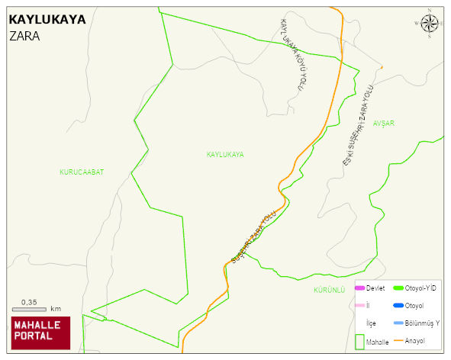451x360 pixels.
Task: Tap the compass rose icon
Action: click(x=430, y=24)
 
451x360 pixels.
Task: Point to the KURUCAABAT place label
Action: click(x=81, y=172)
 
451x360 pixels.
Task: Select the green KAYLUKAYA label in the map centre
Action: click(x=225, y=155)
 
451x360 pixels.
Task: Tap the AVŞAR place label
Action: click(x=385, y=122)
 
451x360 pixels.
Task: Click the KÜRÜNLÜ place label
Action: click(x=330, y=291)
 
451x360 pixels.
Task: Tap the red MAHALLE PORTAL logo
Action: click(x=39, y=332)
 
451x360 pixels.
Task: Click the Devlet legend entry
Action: click(x=375, y=288)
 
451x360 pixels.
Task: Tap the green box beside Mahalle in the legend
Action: click(x=359, y=341)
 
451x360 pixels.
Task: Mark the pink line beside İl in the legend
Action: click(x=359, y=306)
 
